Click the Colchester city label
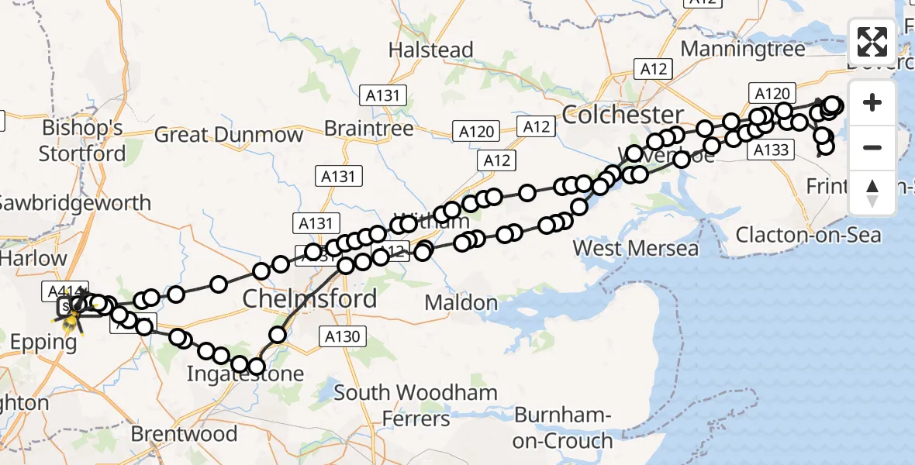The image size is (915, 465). pos(623,115)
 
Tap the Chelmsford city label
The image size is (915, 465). pos(310,298)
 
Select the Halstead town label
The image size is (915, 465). pos(430,50)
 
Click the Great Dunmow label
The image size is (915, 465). pos(229,135)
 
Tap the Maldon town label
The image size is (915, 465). pos(461,302)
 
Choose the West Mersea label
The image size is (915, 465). pos(636,249)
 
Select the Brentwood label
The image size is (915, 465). pos(184,433)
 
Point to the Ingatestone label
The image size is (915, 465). pos(245,375)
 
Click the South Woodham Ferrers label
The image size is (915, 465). pos(416,405)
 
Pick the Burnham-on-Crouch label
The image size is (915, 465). pos(563,428)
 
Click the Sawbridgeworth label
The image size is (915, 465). pos(75,203)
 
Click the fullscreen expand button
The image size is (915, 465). pos(872,42)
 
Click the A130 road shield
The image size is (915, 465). pos(343,335)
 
